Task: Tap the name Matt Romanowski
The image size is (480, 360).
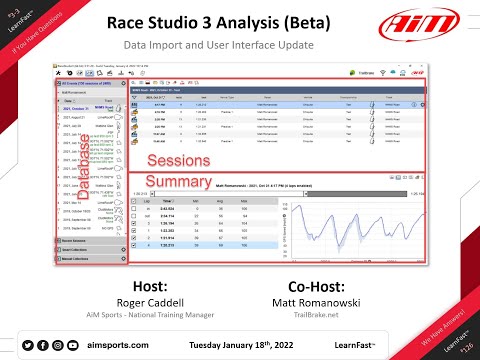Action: tap(323, 298)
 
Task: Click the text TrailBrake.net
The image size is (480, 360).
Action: tap(323, 311)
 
